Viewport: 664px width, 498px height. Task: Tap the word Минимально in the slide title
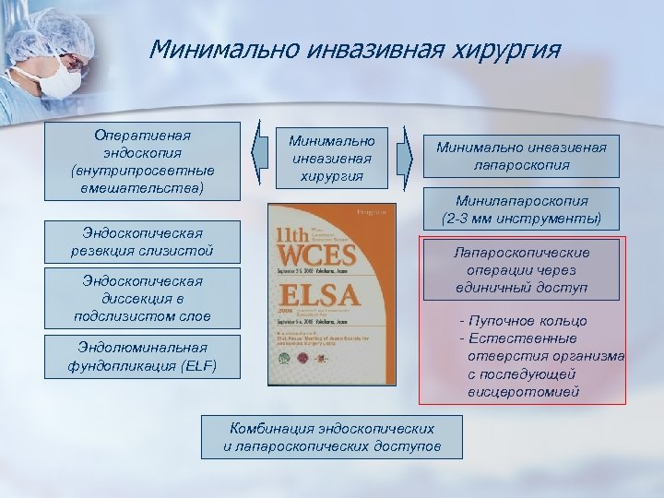tap(210, 48)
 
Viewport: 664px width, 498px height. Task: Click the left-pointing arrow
tap(261, 154)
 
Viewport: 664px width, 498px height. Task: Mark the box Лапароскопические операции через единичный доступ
tap(522, 270)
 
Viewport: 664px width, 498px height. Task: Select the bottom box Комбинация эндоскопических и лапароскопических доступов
tap(332, 437)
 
